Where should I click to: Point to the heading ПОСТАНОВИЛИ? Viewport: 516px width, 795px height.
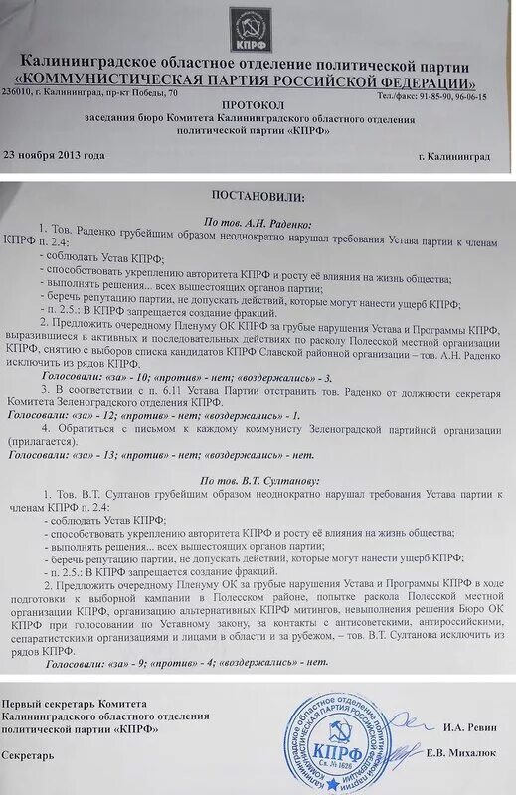(x=257, y=197)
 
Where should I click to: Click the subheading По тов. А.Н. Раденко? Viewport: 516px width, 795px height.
(x=258, y=226)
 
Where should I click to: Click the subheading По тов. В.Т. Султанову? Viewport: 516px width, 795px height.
(x=260, y=480)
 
